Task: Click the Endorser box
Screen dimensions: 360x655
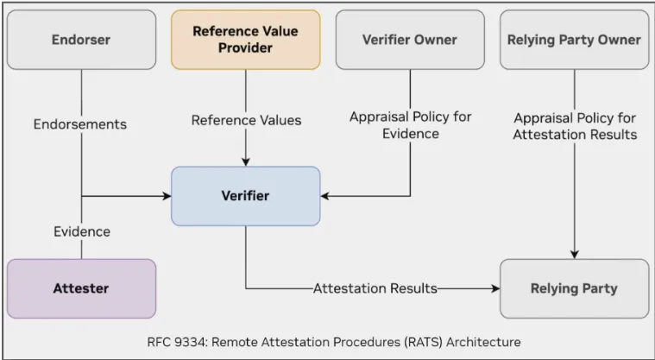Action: point(81,40)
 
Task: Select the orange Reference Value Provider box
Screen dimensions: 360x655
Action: point(245,40)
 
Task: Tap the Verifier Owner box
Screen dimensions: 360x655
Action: point(409,40)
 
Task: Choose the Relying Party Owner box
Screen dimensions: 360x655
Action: point(574,40)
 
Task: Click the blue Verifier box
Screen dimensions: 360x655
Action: point(245,196)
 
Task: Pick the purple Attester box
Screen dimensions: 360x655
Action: point(81,288)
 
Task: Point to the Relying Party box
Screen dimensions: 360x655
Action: point(574,288)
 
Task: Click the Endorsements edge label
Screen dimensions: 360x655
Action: point(80,124)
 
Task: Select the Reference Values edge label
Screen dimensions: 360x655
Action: point(246,121)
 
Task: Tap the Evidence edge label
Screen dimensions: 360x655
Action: point(81,231)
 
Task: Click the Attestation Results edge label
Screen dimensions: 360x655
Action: point(375,288)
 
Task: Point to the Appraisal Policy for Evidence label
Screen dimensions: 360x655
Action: point(411,125)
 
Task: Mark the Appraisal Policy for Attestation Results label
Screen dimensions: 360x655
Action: point(575,125)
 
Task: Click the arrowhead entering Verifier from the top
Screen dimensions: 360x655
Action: point(246,161)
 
